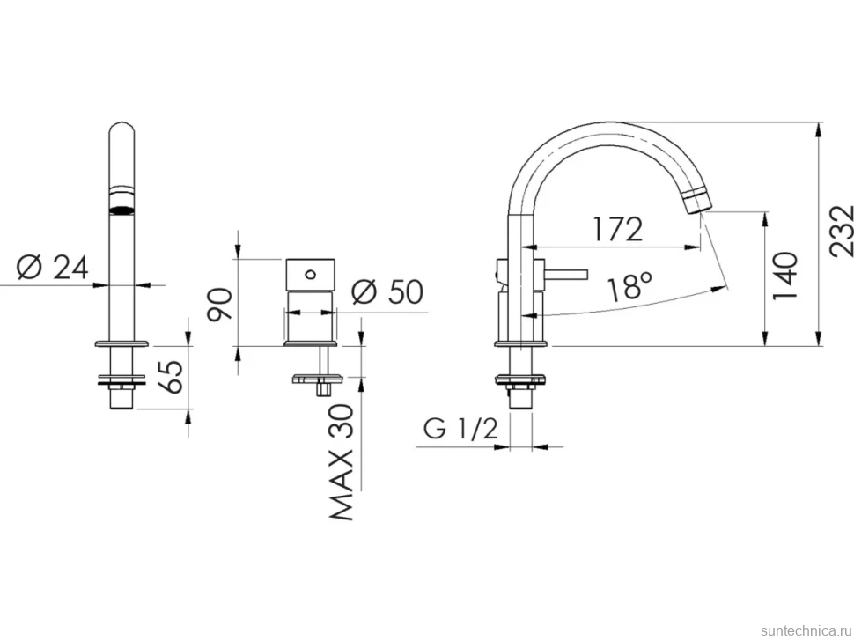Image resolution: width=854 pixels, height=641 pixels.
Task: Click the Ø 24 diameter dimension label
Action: pos(53,268)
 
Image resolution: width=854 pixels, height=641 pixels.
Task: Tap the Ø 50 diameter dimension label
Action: pos(387,291)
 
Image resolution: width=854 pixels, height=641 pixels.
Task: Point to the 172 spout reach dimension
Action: pos(618,229)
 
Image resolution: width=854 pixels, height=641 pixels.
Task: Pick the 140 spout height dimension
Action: pos(784,275)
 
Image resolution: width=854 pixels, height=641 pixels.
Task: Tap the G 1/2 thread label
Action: pos(460,429)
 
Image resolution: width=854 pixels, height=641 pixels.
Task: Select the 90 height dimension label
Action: pos(221,305)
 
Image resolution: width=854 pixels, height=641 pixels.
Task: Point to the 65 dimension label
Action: pos(172,376)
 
